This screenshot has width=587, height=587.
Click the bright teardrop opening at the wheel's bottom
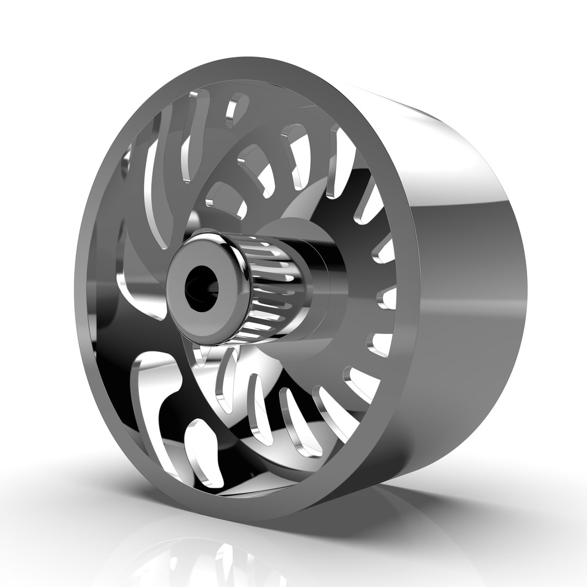(x=204, y=451)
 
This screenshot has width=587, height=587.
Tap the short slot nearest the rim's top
(x=235, y=109)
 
